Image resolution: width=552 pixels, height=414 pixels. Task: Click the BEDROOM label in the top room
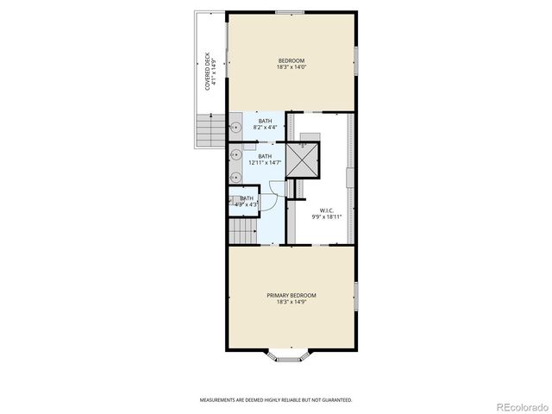(291, 60)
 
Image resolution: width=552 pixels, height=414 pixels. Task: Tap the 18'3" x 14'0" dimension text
(291, 66)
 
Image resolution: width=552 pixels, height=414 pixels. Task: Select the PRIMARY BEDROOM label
(291, 295)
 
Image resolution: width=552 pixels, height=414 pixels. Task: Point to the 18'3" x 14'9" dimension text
(291, 302)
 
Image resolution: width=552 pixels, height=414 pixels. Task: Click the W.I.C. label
(327, 210)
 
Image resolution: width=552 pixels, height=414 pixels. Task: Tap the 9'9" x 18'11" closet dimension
(327, 216)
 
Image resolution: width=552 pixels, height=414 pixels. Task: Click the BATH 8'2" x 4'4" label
(265, 123)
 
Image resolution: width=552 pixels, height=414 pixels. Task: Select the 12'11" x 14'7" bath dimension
(265, 163)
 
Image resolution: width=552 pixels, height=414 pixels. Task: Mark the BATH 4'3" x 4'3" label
(247, 201)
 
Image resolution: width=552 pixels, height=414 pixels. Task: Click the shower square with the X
(302, 160)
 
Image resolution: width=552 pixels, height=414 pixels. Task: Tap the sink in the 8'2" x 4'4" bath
(235, 128)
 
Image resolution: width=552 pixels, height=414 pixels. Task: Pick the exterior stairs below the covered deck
(210, 131)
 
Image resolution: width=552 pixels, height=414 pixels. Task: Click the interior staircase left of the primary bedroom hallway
(242, 230)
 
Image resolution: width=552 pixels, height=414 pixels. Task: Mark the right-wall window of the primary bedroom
(355, 295)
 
